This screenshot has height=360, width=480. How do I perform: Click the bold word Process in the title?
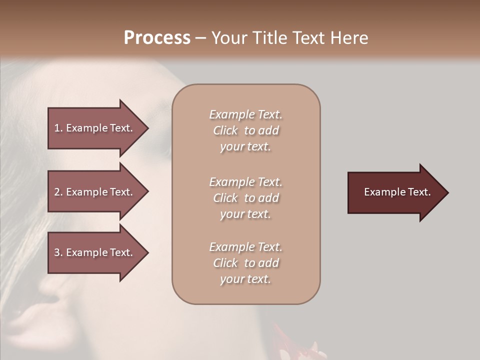pos(157,38)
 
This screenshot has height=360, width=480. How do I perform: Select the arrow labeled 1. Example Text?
pos(95,128)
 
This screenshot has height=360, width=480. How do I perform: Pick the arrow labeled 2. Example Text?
pos(95,192)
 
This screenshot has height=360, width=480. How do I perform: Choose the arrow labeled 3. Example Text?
pos(95,252)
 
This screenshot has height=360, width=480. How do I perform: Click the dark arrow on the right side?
pos(395,192)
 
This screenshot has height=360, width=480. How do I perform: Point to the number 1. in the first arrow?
pos(58,128)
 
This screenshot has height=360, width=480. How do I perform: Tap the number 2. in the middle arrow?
pos(58,192)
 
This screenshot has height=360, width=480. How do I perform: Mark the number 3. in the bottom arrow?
pos(58,252)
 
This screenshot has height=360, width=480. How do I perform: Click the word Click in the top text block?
pos(225,130)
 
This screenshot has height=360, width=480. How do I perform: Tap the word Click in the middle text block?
pos(225,198)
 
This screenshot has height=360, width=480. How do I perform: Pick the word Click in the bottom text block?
pos(225,263)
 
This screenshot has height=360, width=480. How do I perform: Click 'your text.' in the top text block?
pos(245,146)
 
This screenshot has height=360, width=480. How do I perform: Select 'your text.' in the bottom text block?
pos(245,279)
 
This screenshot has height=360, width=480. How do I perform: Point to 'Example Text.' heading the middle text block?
pos(245,182)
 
